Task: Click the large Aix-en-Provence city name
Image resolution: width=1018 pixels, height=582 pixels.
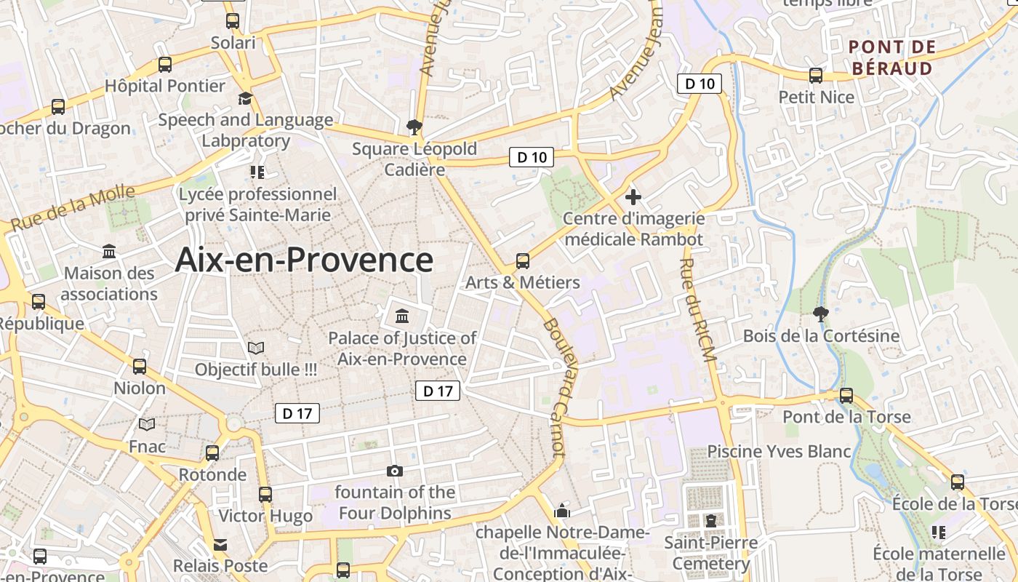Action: coord(304,260)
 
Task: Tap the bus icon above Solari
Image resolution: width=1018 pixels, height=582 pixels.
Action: coord(233,21)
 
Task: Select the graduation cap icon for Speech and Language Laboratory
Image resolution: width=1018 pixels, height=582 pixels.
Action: coord(246,99)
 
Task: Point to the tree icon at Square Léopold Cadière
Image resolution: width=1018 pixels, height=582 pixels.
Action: coord(414,127)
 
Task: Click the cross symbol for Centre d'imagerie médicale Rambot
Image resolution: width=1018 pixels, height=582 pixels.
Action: coord(633,196)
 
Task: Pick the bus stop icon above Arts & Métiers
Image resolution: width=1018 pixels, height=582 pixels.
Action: coord(522,260)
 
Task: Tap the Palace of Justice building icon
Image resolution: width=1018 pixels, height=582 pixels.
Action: coord(401,316)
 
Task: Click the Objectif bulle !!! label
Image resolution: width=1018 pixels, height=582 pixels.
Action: coord(256,370)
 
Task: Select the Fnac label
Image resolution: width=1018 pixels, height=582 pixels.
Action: coord(148,445)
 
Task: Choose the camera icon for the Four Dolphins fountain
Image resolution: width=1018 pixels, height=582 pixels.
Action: coord(395,471)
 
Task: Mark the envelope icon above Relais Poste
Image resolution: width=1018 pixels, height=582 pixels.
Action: coord(220,544)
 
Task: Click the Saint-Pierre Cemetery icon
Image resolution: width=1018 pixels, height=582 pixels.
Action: coord(710,521)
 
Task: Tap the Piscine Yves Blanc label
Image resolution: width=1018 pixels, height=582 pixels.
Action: coord(779,452)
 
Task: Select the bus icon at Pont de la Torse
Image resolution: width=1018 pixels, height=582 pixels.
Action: coord(846,396)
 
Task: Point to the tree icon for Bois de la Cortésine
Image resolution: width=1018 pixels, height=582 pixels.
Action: coord(821,314)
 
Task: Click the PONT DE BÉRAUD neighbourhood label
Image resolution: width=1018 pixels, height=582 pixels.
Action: coord(891,58)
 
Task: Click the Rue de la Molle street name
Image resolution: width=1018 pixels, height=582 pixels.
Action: coord(73,208)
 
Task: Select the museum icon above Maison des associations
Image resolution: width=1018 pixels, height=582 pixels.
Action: coord(109,252)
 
